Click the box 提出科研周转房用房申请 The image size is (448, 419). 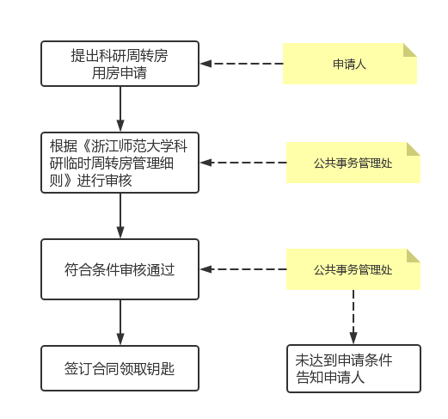pos(120,64)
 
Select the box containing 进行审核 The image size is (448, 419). pos(120,163)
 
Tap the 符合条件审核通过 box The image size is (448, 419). pos(120,269)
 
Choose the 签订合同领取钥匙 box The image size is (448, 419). pos(120,368)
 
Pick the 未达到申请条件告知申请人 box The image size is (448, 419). pos(353,368)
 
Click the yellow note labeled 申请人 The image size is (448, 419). pos(350,64)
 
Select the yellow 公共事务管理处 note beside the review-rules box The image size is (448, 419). pos(353,163)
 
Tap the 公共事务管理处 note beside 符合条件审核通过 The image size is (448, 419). pos(353,269)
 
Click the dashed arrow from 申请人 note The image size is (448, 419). pos(242,64)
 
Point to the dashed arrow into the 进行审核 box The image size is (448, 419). pos(243,163)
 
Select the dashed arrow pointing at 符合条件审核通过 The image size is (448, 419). pos(243,269)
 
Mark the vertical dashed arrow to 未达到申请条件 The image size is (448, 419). pos(353,317)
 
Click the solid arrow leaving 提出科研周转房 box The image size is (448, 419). pos(120,109)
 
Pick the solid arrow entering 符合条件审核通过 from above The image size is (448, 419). pos(120,216)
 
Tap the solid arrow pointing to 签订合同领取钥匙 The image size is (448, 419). pos(120,323)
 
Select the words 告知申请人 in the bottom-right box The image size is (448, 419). pos(330,377)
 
